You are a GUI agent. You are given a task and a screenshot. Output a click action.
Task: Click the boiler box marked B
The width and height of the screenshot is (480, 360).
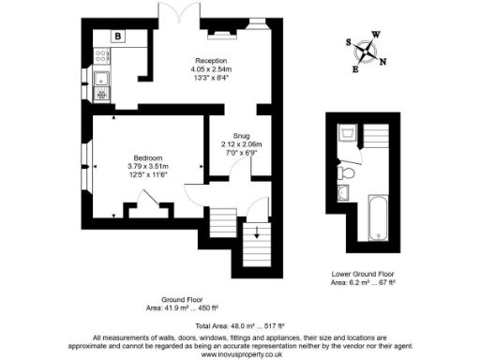(x=118, y=36)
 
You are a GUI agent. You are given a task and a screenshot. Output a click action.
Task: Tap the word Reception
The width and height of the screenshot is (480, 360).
(x=210, y=61)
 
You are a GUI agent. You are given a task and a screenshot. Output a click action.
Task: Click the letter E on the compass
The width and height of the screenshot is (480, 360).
(x=354, y=69)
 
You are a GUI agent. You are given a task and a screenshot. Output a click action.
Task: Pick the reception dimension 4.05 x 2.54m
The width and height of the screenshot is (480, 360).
(x=210, y=69)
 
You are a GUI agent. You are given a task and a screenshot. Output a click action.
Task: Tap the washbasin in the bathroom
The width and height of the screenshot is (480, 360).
(x=342, y=194)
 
